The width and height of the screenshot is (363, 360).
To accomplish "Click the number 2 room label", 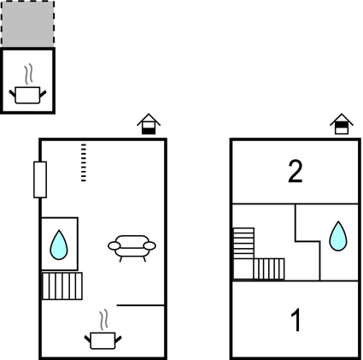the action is (296, 171).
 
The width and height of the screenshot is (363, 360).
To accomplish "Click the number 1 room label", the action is (296, 320).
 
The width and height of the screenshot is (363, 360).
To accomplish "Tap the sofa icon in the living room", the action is (132, 248).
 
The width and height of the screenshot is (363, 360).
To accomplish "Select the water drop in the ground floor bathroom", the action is (59, 245).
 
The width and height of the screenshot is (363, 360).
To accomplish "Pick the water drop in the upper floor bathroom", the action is (338, 236).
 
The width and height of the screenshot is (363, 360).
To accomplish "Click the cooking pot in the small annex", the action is (27, 95).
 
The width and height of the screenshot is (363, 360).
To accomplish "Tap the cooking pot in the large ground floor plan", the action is (102, 340).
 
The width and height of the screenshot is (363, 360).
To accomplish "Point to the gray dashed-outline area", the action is (27, 24).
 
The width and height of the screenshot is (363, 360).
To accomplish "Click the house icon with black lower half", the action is (149, 124).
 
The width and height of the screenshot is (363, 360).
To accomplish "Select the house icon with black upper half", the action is (342, 124).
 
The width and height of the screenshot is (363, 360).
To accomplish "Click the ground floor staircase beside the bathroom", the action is (62, 286).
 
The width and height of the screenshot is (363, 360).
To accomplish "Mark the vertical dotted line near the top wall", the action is (84, 162).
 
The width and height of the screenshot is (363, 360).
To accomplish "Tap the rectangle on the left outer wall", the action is (40, 180).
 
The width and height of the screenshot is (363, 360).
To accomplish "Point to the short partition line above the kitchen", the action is (141, 305).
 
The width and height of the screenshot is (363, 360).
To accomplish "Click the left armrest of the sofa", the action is (114, 245).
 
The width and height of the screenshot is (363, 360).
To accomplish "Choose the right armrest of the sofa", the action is (149, 245).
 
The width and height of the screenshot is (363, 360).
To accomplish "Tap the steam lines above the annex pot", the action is (28, 74).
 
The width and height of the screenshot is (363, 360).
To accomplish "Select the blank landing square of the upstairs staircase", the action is (243, 269).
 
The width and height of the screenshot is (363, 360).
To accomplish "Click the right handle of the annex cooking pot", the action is (43, 94).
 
